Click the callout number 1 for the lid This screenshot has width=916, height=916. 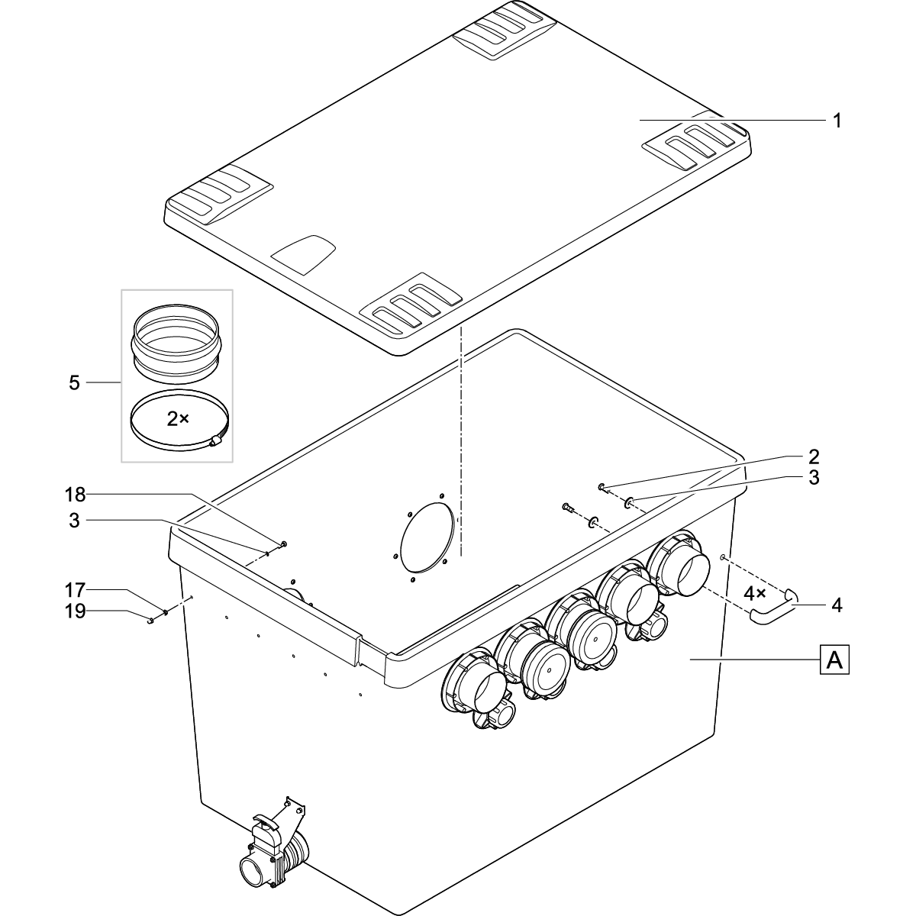click(837, 121)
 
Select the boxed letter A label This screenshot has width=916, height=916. click(834, 659)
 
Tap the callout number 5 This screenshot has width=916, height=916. click(74, 383)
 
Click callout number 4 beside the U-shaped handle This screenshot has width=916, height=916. click(837, 605)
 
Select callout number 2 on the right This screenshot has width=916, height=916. click(814, 456)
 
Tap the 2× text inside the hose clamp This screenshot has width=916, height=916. click(178, 418)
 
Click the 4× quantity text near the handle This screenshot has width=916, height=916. click(755, 592)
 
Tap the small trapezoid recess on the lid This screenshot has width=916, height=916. click(305, 253)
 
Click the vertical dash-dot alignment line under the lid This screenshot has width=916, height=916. click(461, 443)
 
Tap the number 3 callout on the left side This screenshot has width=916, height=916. click(74, 521)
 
